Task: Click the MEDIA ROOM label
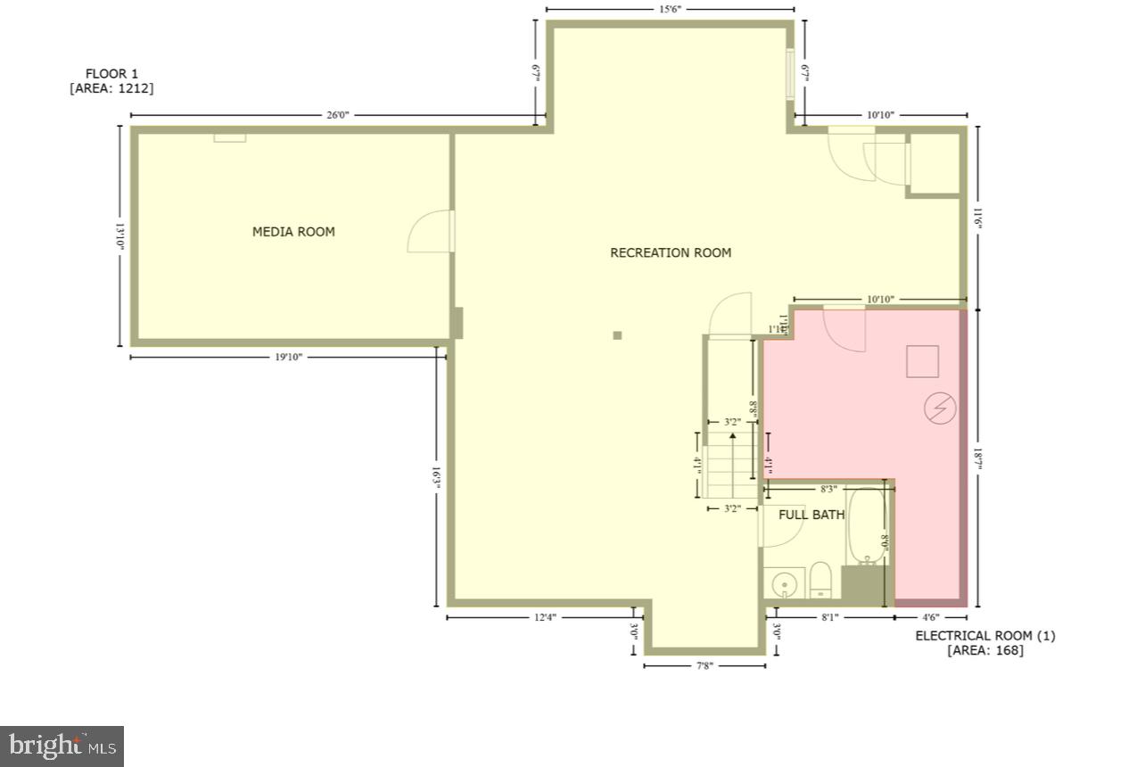pos(293,232)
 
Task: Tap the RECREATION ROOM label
pos(671,252)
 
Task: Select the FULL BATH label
pos(811,515)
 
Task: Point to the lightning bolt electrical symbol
pos(940,408)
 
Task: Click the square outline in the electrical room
pos(923,361)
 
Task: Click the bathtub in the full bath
pos(865,526)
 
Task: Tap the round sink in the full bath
pos(785,584)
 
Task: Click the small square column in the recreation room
pos(617,335)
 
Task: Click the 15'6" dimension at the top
pos(670,10)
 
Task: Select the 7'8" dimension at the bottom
pos(704,665)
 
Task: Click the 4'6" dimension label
pos(930,616)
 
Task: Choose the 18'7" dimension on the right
pos(978,457)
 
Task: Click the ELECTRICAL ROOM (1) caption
pos(984,636)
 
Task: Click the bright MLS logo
pos(62,746)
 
